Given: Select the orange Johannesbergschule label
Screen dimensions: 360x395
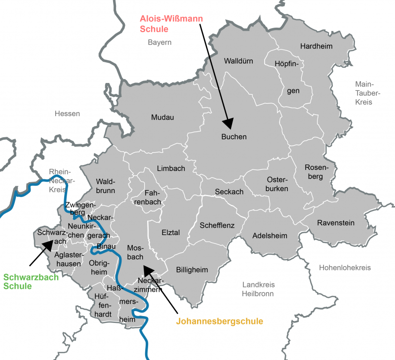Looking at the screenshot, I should tap(219, 321).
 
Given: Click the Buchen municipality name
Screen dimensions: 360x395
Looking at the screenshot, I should tap(234, 137).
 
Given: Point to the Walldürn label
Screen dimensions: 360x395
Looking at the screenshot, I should tap(238, 61).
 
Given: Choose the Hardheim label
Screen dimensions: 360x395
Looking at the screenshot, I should tap(316, 46).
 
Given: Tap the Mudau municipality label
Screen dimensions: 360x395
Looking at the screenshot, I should tap(162, 118).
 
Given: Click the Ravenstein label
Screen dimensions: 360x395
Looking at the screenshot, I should tap(336, 223).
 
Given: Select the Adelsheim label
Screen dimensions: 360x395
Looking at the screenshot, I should tap(270, 236).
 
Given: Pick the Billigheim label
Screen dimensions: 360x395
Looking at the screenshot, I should tap(192, 270).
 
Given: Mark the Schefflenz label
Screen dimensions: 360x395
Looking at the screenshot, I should tap(217, 225).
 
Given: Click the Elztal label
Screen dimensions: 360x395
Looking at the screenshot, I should tap(171, 232).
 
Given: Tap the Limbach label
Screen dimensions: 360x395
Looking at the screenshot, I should tap(171, 168).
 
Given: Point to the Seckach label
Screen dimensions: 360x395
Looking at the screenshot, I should tap(229, 192).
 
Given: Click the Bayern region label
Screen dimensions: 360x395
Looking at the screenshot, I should tap(159, 42).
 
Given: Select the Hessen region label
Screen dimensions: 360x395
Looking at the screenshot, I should tap(67, 114).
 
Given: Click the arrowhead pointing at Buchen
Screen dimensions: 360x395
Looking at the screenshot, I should tap(229, 124).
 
